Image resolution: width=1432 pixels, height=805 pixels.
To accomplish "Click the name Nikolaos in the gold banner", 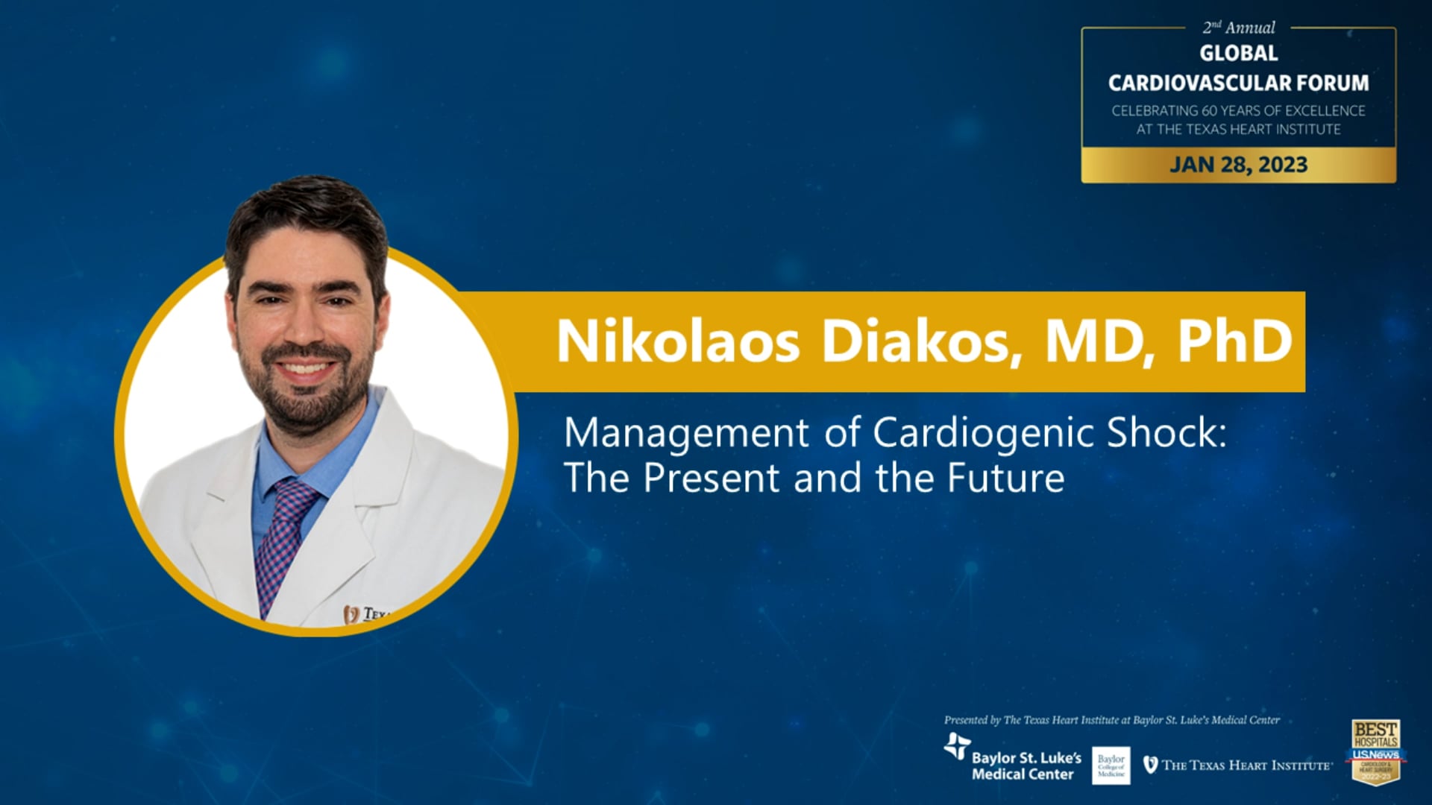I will click(x=677, y=341).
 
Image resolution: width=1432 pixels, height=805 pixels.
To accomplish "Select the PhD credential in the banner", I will click(x=1234, y=341).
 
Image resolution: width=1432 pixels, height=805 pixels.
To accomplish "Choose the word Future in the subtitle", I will click(x=1005, y=478).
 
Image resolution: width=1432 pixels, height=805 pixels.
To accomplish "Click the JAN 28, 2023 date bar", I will click(x=1238, y=165).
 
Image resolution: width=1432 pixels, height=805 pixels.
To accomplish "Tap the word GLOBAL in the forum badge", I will click(x=1238, y=54).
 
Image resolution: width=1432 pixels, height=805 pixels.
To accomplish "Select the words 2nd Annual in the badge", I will click(x=1238, y=28).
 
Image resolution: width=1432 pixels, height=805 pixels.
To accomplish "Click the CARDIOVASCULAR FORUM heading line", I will click(x=1238, y=83).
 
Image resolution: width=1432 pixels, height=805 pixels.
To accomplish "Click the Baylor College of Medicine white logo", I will click(x=1111, y=765).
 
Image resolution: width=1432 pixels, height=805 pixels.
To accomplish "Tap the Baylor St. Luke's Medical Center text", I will click(x=1026, y=765).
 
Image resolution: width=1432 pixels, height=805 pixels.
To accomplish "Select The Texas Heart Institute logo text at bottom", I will click(x=1246, y=765).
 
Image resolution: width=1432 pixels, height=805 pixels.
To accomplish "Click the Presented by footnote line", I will click(x=1111, y=720).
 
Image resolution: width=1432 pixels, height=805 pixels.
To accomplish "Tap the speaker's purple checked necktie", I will click(x=283, y=537).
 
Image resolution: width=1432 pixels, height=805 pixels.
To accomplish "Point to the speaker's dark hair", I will click(x=306, y=209).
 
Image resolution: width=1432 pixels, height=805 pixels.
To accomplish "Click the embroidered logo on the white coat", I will click(x=365, y=614).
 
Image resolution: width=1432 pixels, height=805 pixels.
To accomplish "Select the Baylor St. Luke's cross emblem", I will click(x=957, y=745).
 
